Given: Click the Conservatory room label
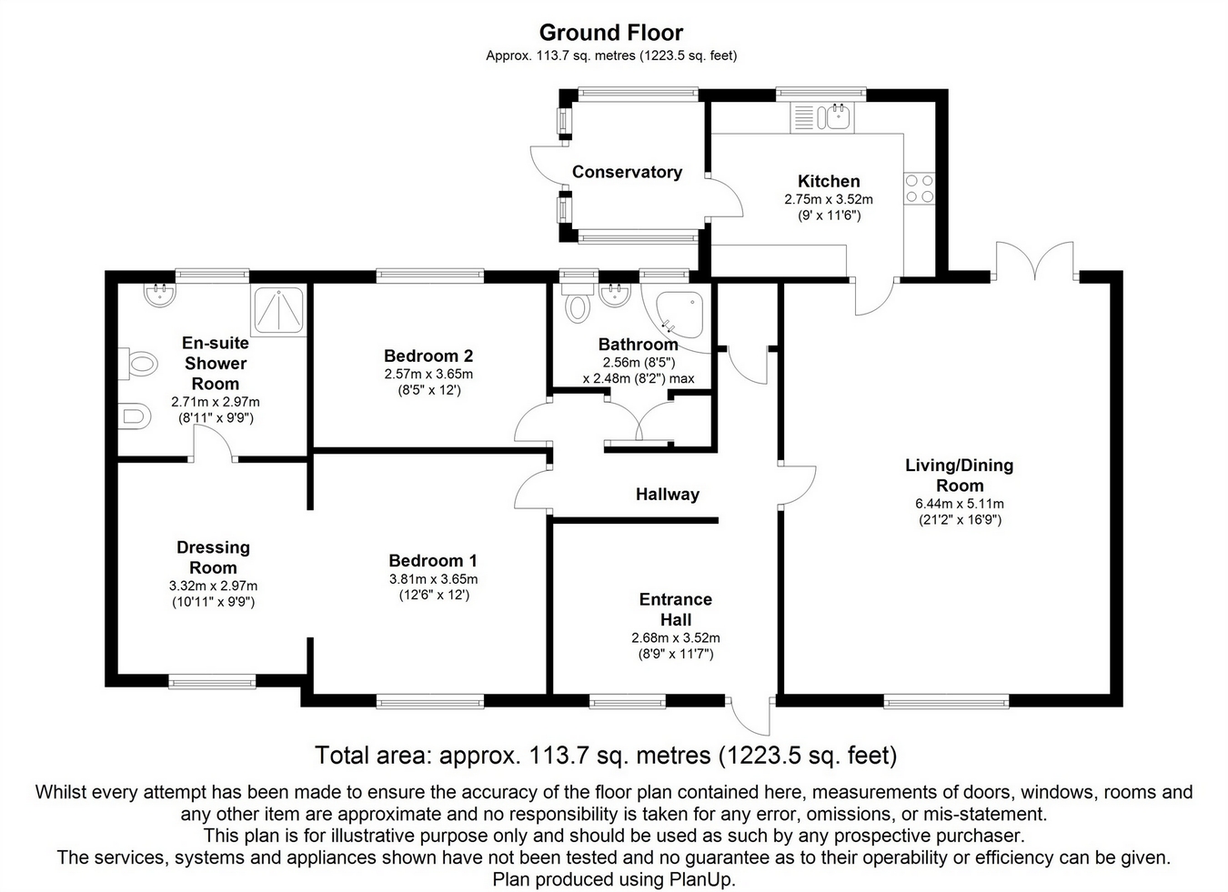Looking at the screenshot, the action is pos(627,172).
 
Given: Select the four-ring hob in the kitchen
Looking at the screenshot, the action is pos(919,188).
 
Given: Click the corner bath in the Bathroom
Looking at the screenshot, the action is pos(677,316).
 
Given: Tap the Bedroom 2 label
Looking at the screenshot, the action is pos(428,356).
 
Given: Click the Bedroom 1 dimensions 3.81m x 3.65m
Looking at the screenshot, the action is pos(433,579).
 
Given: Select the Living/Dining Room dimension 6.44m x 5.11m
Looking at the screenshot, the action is pos(959,504).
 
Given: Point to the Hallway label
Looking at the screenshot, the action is pos(668,495).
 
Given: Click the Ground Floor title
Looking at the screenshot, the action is pos(611,33).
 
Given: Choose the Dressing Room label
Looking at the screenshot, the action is pos(213,557).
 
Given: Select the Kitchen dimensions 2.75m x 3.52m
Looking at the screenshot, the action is pos(829,199).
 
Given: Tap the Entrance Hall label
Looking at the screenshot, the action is pos(676,609).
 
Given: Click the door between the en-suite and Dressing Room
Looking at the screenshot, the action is pos(215,445).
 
